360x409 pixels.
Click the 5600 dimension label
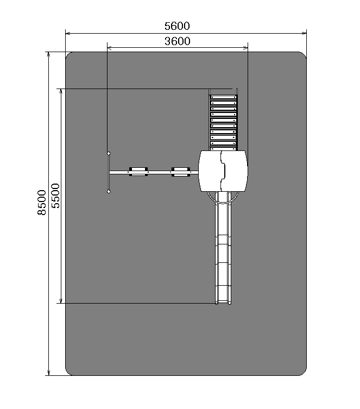tap(177, 26)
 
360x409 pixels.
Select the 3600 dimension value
tap(177, 41)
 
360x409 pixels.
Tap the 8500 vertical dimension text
tap(42, 203)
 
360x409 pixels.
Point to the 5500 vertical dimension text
tap(55, 196)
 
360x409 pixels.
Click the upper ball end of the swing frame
tap(109, 153)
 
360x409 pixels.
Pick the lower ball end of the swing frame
tap(109, 191)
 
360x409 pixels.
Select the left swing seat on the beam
tap(138, 172)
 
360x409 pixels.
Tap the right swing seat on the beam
tap(181, 172)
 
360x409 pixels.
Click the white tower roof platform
tap(223, 171)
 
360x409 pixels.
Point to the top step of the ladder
tap(223, 97)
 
